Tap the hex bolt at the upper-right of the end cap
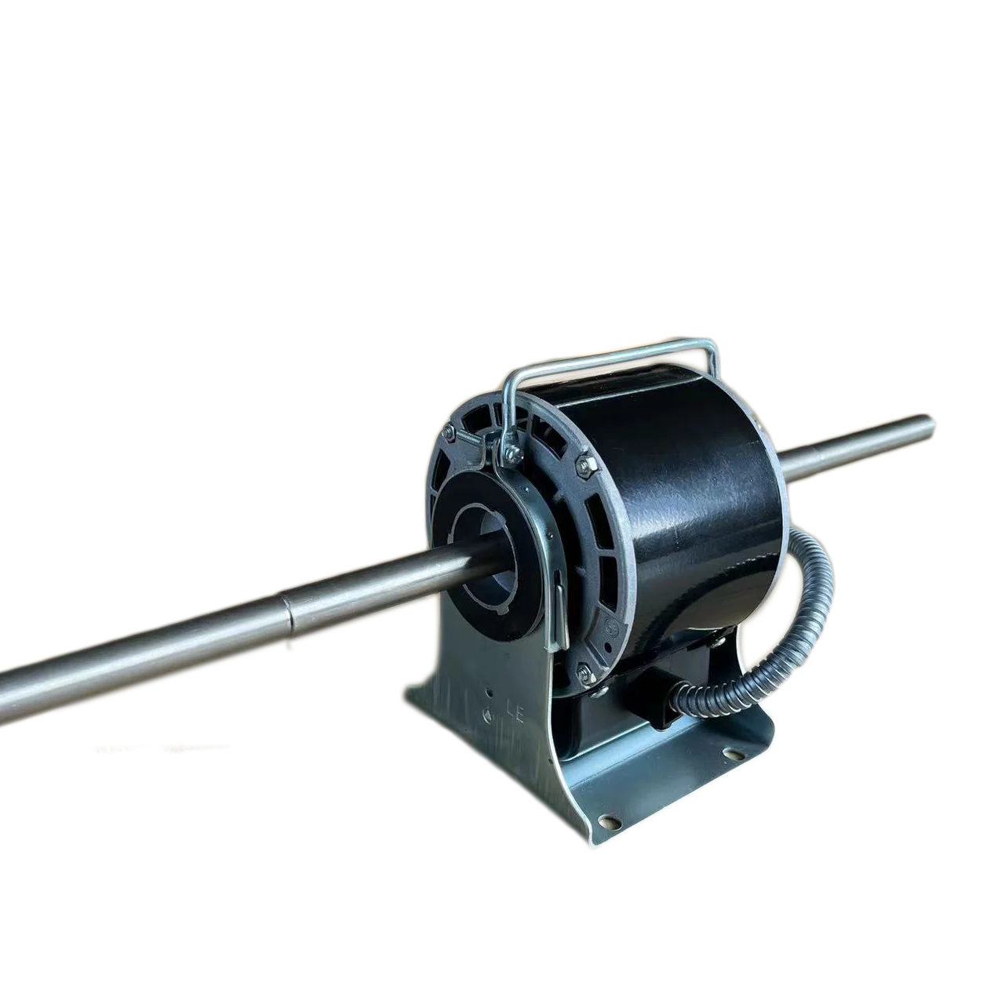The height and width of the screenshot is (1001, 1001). (581, 463)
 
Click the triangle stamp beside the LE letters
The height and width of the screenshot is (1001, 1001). (490, 715)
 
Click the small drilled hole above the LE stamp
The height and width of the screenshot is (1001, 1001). (490, 693)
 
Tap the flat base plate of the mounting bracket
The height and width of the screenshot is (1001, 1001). (667, 784)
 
